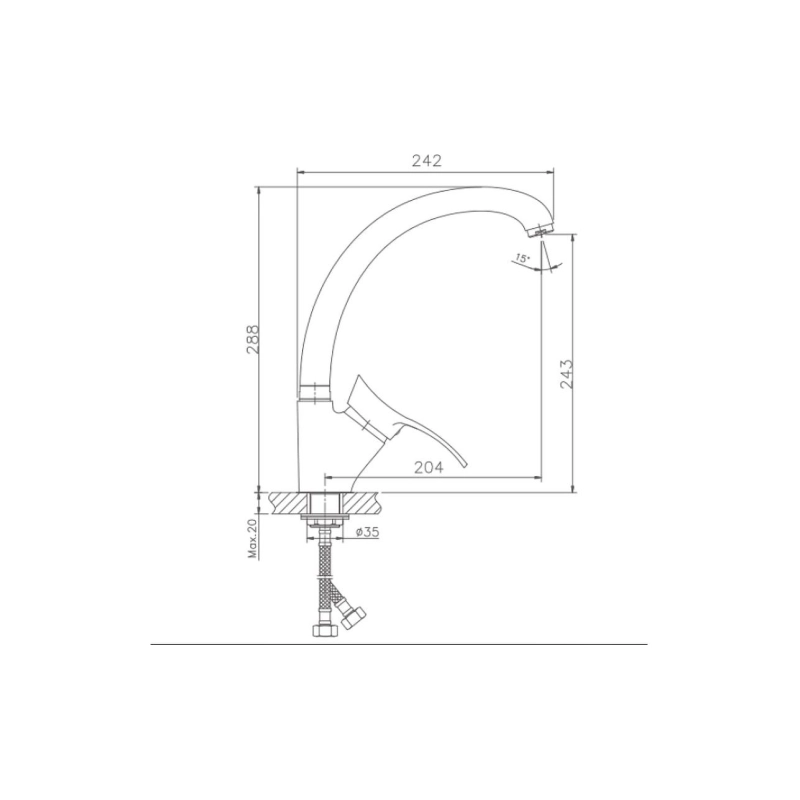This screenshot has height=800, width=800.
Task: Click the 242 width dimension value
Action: click(427, 161)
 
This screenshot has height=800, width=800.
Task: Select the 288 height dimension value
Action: click(254, 339)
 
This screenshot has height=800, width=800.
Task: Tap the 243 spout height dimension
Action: click(567, 374)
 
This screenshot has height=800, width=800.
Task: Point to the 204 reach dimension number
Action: click(429, 467)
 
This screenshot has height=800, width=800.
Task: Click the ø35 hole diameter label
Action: click(367, 532)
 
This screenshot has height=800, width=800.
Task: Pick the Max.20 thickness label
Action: click(252, 540)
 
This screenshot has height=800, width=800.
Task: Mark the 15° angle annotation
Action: click(521, 258)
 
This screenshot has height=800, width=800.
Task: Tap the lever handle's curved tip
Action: click(462, 462)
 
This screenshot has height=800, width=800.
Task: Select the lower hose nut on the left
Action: click(325, 630)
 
